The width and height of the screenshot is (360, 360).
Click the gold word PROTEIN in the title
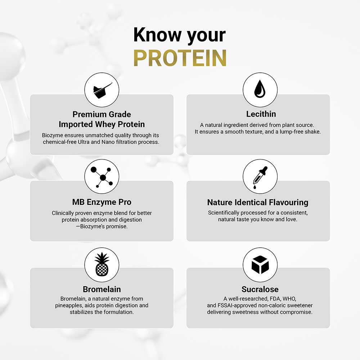tap(180, 58)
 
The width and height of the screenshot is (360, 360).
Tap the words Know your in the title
tap(180, 35)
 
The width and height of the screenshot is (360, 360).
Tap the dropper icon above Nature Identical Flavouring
tap(260, 176)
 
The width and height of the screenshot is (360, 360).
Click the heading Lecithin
tap(261, 114)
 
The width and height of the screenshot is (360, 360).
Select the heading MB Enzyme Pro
tap(102, 202)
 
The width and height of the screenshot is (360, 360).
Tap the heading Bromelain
tap(102, 289)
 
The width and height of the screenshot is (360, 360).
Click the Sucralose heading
tap(260, 289)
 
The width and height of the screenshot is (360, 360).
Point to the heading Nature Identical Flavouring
tap(258, 202)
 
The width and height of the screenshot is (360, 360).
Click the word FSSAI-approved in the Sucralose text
tap(235, 306)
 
